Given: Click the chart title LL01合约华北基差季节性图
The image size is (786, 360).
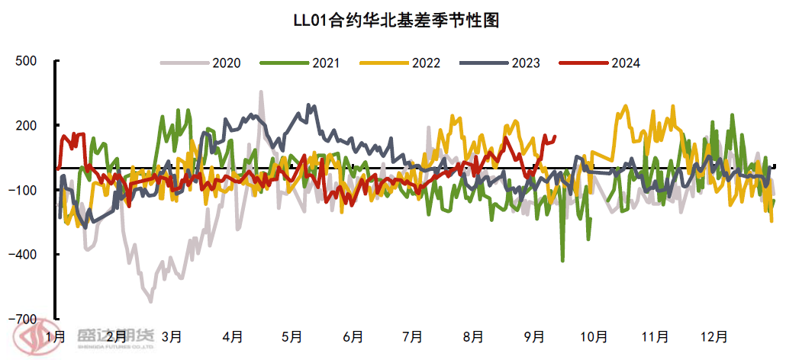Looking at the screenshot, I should (x=396, y=21).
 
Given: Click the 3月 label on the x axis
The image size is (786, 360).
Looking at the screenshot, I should (x=171, y=336).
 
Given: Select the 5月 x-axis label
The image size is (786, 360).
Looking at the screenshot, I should (x=292, y=336).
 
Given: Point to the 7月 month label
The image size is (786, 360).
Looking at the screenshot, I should (x=412, y=336).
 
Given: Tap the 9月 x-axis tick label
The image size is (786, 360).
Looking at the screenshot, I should (x=533, y=336).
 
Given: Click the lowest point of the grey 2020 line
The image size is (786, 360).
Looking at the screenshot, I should (x=150, y=301).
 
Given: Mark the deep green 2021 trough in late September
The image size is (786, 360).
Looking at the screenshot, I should (x=563, y=261).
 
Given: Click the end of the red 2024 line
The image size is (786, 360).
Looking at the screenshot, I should (x=555, y=137).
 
